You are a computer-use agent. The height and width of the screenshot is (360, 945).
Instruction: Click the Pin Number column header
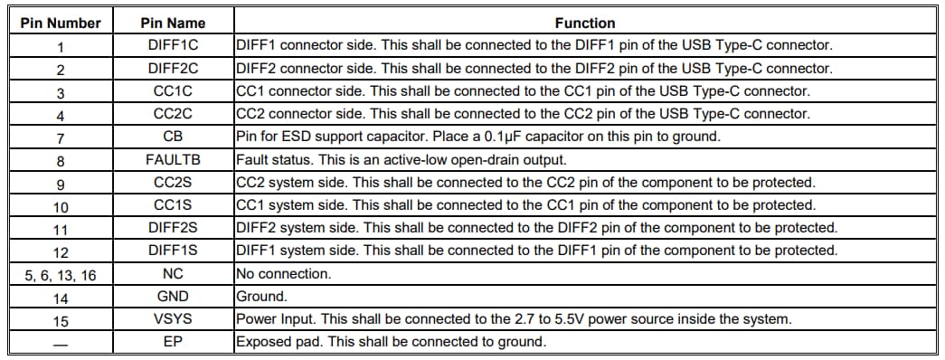click(61, 23)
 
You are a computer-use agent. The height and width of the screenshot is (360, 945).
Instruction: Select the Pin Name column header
click(173, 23)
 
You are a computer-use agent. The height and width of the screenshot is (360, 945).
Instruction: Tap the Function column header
click(584, 23)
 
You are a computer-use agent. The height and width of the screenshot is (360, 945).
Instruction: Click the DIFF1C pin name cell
click(173, 45)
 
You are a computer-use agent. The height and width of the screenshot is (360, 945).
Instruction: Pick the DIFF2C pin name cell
click(173, 69)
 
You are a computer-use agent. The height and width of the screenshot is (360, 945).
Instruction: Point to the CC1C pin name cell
click(173, 91)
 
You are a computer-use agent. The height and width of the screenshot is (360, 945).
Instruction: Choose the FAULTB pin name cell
click(173, 159)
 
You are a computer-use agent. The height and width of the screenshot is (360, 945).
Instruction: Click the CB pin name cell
click(173, 137)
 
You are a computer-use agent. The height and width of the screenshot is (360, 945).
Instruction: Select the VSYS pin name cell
click(173, 318)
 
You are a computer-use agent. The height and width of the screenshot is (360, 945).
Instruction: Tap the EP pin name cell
click(173, 342)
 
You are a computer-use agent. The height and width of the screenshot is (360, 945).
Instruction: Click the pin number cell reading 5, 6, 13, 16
click(61, 274)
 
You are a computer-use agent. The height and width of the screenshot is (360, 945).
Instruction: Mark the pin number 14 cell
click(61, 297)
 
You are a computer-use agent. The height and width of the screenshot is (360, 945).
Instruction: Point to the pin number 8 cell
click(61, 160)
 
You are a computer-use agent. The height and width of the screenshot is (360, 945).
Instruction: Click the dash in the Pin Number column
click(61, 342)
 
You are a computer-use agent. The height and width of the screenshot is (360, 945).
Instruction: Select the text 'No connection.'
click(283, 273)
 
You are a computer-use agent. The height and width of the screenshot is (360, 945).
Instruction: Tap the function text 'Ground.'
click(261, 296)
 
